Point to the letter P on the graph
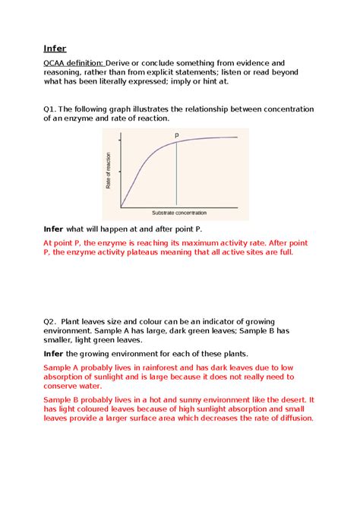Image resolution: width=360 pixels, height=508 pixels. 177,135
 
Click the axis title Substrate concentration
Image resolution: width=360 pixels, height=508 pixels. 178,212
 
